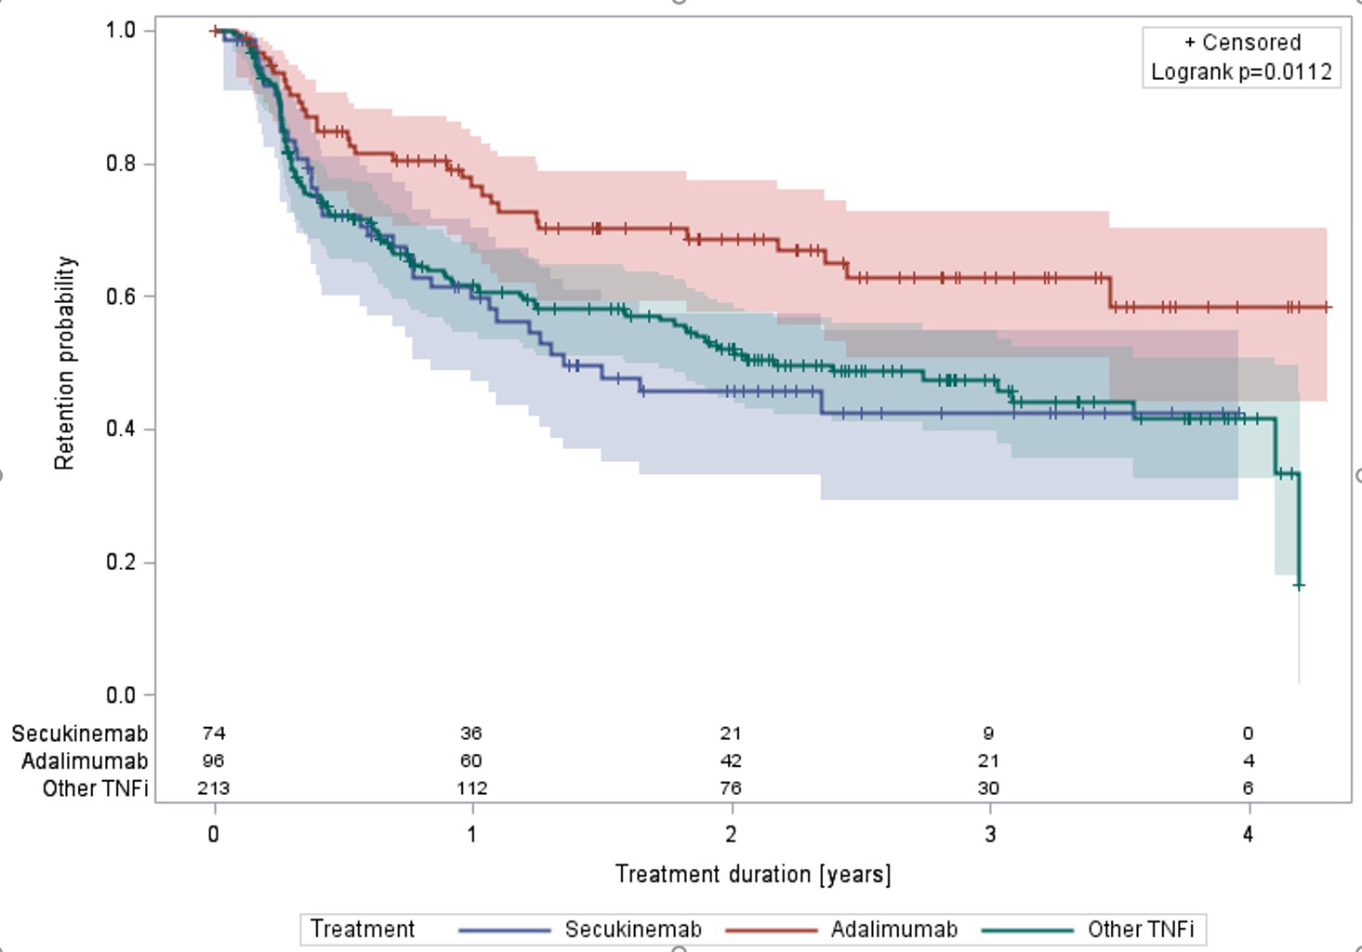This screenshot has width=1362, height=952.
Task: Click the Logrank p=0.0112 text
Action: [1241, 72]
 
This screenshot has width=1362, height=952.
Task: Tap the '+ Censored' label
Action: [1242, 43]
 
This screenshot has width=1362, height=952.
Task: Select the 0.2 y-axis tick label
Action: [121, 562]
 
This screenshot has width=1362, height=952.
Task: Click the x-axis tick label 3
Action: [989, 834]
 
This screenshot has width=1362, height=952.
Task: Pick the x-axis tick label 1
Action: [472, 834]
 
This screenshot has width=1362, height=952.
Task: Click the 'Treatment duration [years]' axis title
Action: [752, 874]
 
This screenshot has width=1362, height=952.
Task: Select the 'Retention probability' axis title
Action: [64, 364]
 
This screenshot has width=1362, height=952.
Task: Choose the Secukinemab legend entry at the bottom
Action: [632, 930]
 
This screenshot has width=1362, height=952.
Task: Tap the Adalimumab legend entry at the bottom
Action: [893, 930]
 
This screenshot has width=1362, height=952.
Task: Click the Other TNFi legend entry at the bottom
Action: [1141, 930]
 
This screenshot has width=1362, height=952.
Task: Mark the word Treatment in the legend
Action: [363, 930]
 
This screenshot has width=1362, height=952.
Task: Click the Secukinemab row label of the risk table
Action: [80, 734]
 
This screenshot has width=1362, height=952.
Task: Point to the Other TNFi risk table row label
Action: [95, 788]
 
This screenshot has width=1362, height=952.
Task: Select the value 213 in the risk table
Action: [214, 788]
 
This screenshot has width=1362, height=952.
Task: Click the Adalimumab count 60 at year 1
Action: [471, 760]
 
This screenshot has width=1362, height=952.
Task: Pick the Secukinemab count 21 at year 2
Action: [731, 734]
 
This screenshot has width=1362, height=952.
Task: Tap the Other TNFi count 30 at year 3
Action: [988, 788]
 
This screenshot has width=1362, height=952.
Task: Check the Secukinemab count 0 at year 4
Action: [1248, 734]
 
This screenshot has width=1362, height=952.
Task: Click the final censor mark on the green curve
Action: [1299, 586]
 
